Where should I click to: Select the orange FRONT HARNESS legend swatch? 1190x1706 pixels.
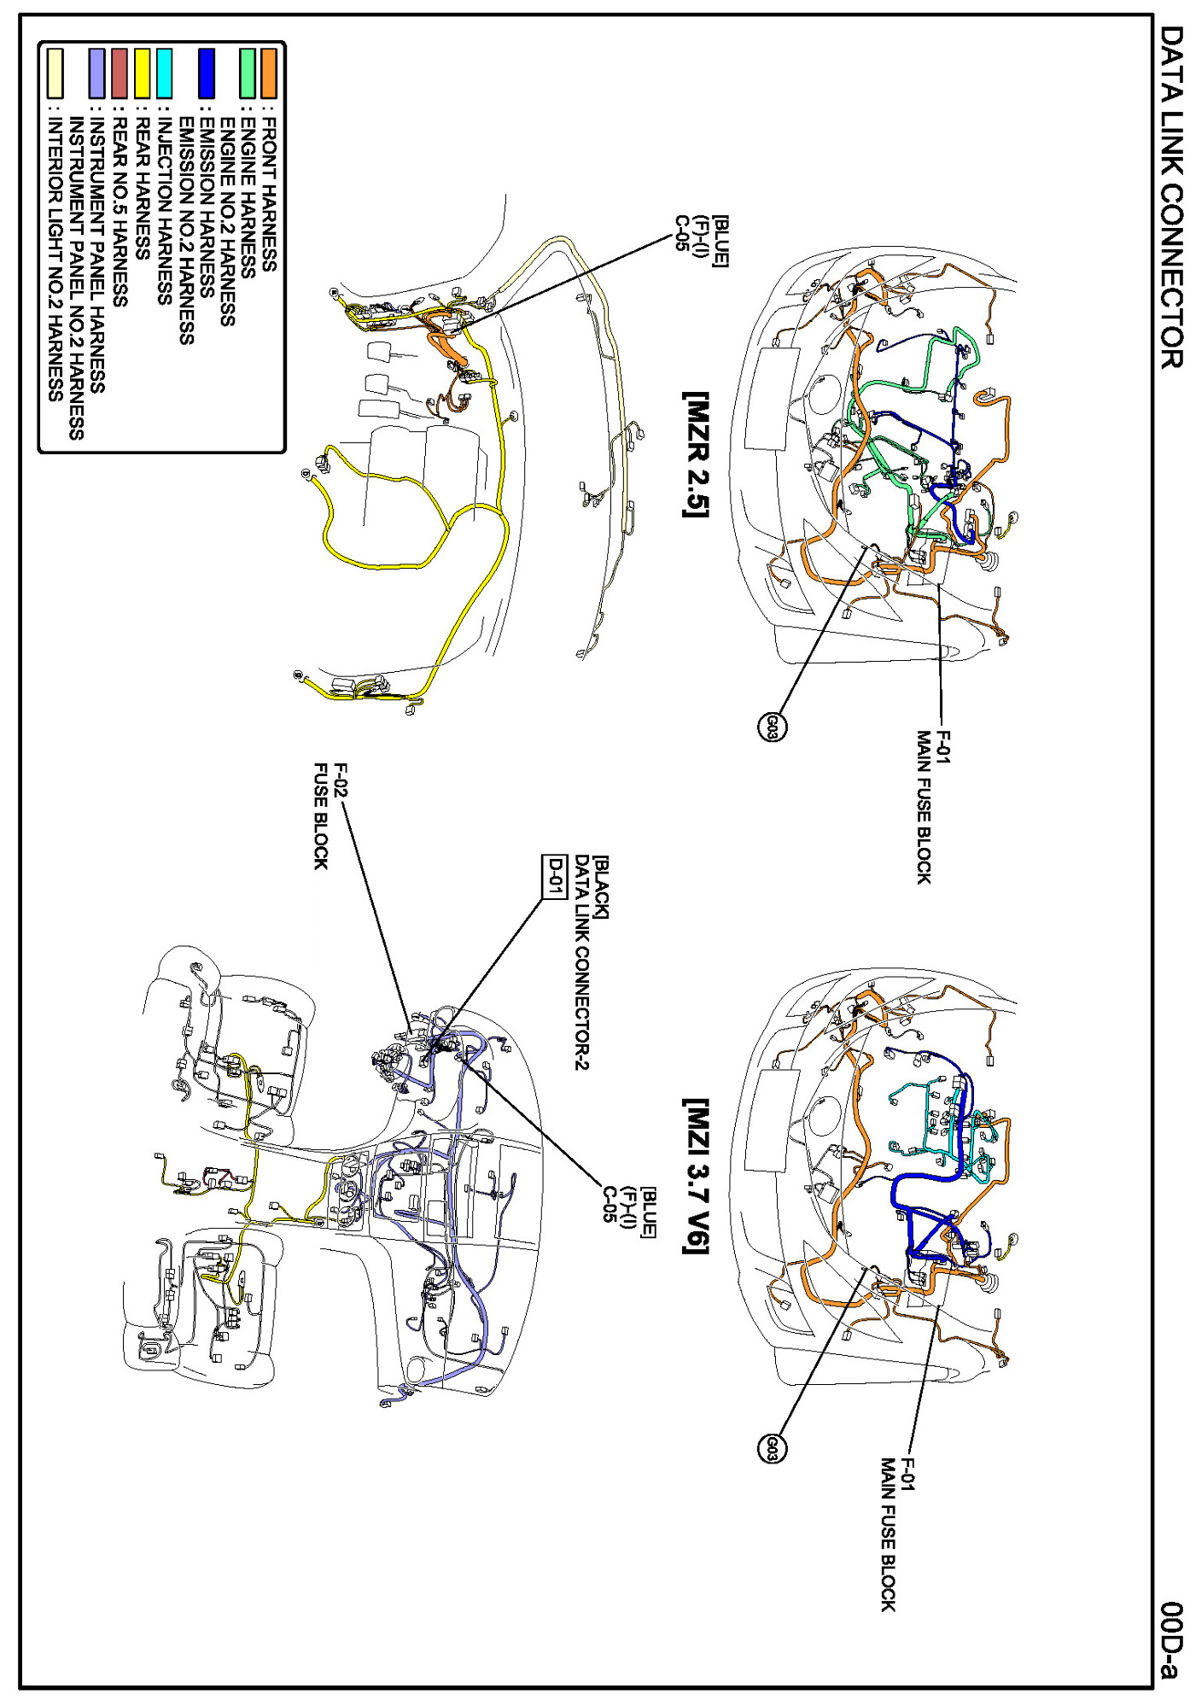269,73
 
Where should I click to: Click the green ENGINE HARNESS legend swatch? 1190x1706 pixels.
248,73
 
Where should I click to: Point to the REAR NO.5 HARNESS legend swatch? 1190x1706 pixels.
120,73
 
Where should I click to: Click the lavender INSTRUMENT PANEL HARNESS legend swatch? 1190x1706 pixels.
97,73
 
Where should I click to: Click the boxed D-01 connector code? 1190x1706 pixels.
555,876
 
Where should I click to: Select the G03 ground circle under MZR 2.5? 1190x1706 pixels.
772,727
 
